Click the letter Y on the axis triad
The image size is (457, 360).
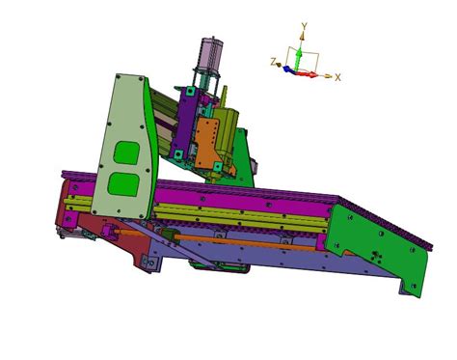coord(304,25)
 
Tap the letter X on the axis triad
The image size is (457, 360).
coord(337,77)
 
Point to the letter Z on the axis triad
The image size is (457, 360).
coord(274,62)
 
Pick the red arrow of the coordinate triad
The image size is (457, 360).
coord(307,73)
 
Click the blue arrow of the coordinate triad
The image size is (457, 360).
coord(289,69)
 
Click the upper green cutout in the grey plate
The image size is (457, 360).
coord(127,152)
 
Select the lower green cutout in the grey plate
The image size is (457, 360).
coord(123,184)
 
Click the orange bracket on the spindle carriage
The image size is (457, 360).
coord(207,142)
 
